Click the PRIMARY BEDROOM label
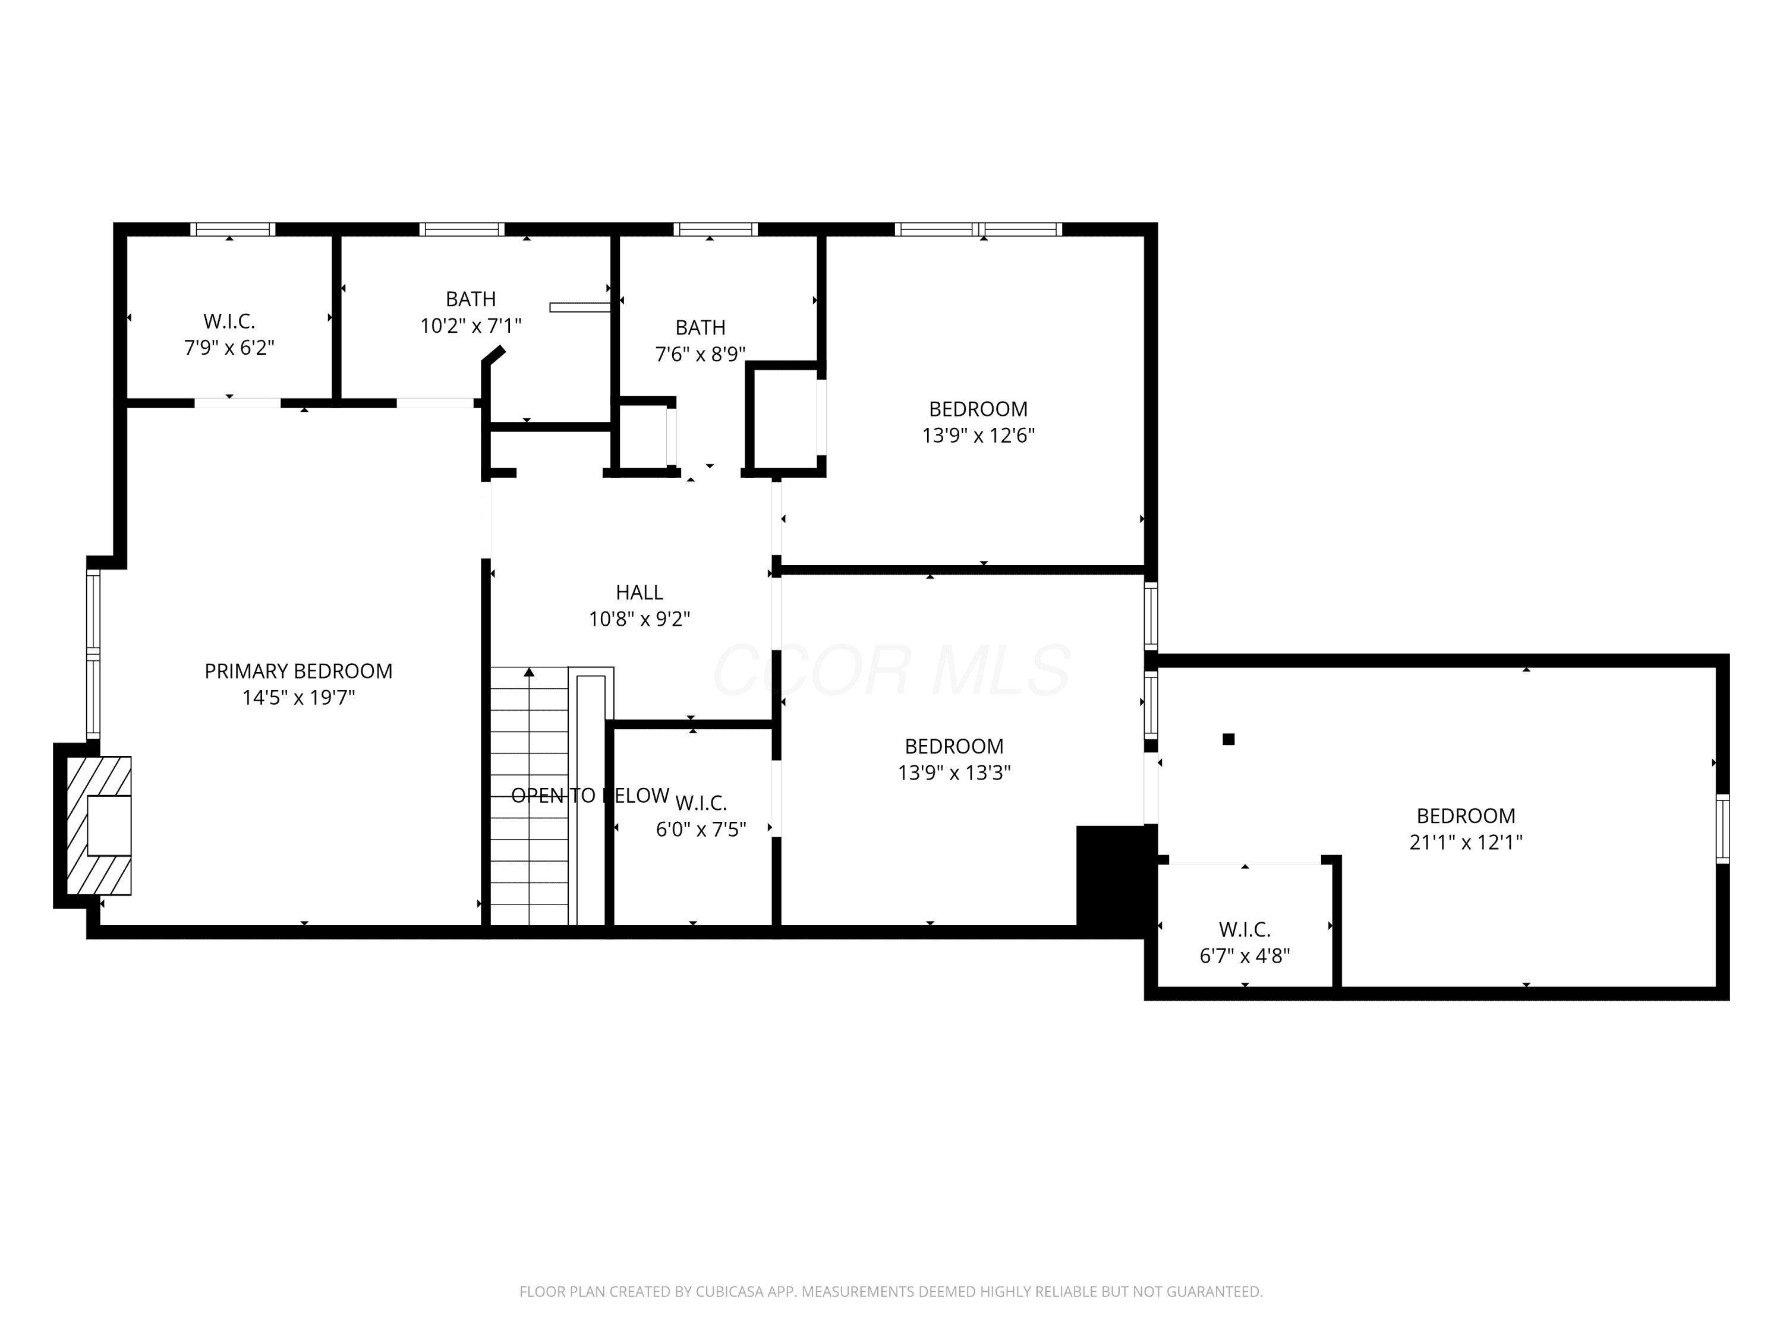(x=298, y=671)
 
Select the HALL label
(x=639, y=592)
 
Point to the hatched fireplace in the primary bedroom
(x=98, y=825)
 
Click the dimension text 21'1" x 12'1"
(x=1466, y=842)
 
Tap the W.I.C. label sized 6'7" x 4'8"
(x=1245, y=929)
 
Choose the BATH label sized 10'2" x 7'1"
(x=471, y=299)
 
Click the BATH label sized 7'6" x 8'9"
(x=701, y=328)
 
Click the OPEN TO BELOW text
(x=590, y=796)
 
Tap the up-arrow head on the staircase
(x=529, y=672)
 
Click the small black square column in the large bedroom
(x=1228, y=739)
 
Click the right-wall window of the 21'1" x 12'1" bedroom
(x=1722, y=828)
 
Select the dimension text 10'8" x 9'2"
(x=639, y=619)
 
